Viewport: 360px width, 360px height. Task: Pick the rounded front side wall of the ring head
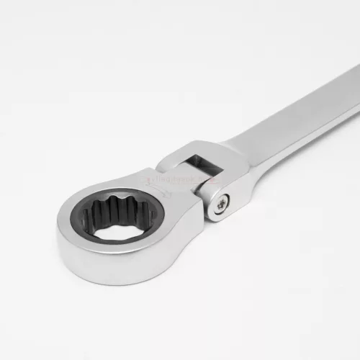(x=115, y=259)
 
